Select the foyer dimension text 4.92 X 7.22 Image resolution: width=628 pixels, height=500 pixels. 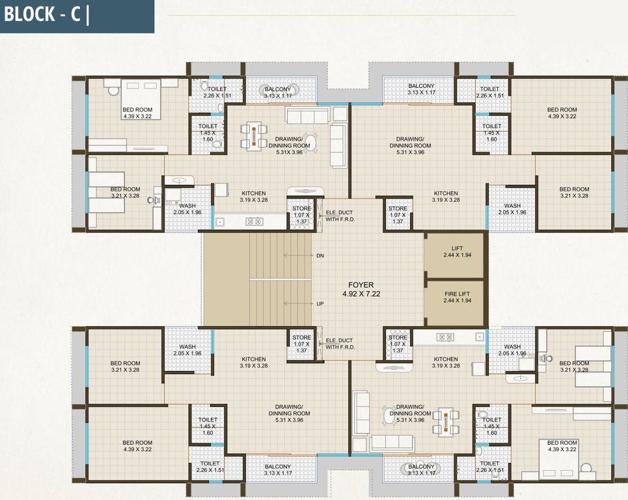click(x=362, y=294)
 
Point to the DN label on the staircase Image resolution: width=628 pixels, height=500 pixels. click(x=320, y=256)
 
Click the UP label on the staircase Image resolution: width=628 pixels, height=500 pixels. click(x=320, y=304)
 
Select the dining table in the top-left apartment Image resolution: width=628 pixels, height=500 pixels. click(x=254, y=135)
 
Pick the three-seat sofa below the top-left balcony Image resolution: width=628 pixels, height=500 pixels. click(x=307, y=115)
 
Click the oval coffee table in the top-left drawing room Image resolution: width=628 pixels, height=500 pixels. click(x=311, y=141)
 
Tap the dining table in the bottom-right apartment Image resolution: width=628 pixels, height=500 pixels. click(x=446, y=421)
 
